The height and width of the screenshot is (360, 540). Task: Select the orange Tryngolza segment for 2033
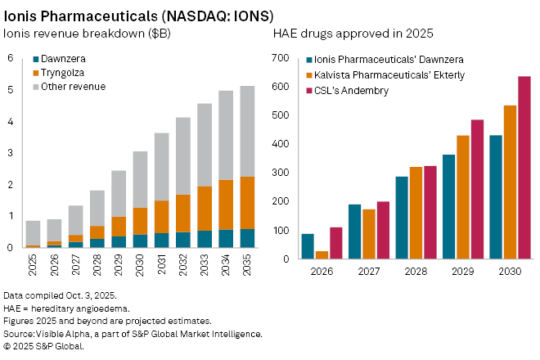pos(204,209)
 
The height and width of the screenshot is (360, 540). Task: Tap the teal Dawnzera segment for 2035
pos(246,238)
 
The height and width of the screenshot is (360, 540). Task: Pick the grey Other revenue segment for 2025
pos(34,232)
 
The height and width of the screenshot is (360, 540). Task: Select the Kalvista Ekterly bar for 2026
pos(322,254)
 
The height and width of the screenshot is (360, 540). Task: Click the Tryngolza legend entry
pos(61,74)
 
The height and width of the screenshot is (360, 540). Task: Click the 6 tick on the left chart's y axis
pos(11,58)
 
